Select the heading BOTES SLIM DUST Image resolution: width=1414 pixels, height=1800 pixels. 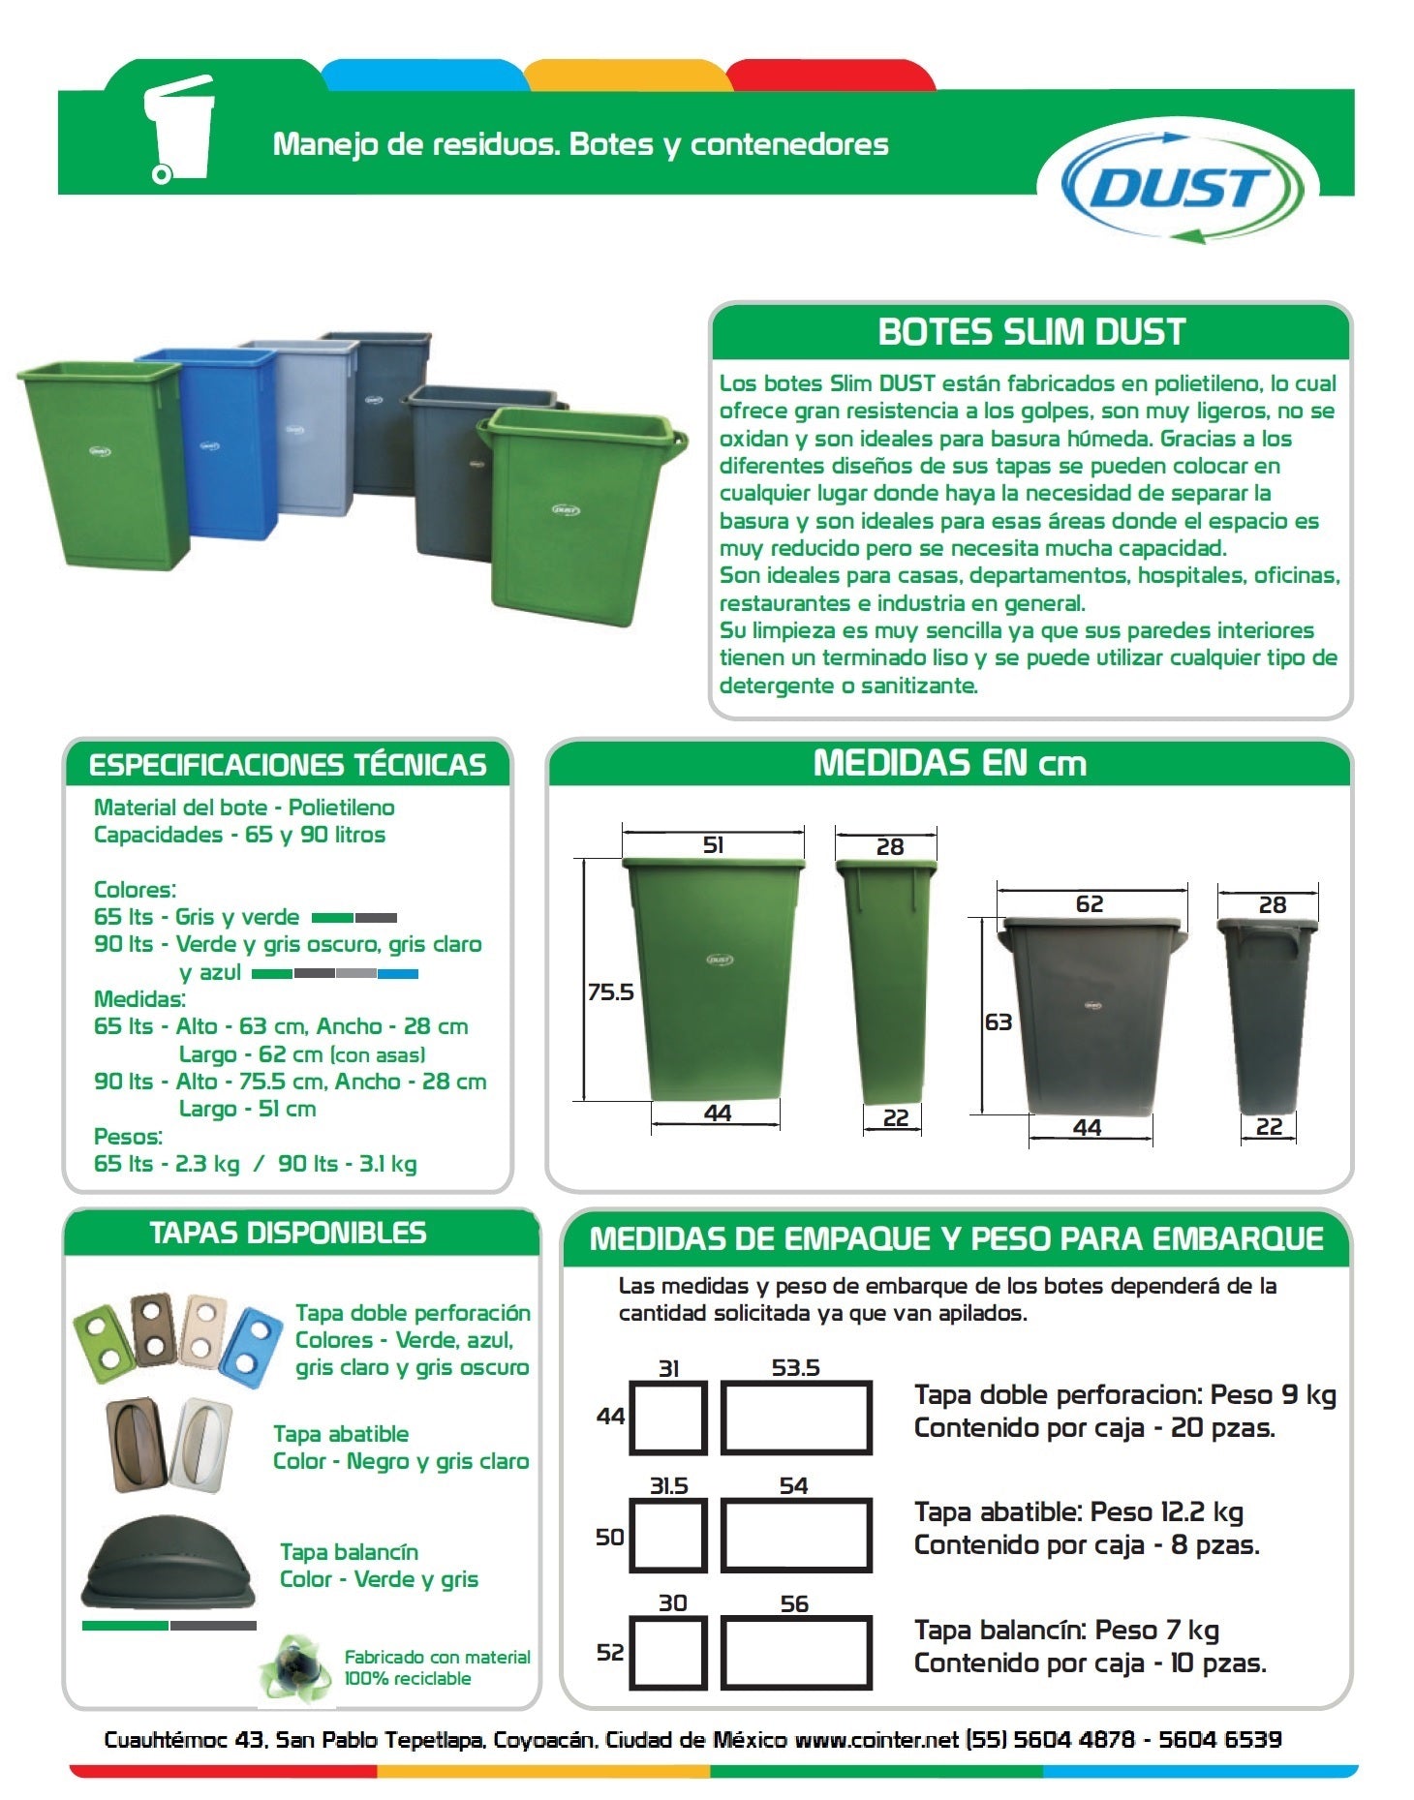(x=1031, y=332)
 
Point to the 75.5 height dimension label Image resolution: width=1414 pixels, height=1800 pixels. (x=610, y=992)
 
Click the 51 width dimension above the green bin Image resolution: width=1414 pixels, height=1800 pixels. (x=713, y=844)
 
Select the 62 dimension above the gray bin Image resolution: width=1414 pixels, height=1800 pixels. (x=1090, y=903)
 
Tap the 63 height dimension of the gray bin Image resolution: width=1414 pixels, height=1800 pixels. (x=998, y=1022)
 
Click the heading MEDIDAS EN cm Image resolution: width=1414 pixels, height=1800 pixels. (x=949, y=763)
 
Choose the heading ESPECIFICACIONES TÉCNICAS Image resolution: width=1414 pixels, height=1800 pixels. (x=288, y=765)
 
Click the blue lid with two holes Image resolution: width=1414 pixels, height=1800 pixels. (x=250, y=1344)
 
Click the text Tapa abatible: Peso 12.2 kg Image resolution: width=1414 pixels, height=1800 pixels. (x=1078, y=1511)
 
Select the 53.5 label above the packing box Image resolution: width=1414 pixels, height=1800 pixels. (x=795, y=1367)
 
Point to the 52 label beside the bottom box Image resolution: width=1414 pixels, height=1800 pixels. (x=609, y=1652)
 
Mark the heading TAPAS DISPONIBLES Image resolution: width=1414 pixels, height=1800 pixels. (x=288, y=1233)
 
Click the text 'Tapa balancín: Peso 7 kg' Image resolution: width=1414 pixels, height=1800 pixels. (x=1065, y=1630)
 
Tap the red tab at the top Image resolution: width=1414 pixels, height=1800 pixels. (x=830, y=75)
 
